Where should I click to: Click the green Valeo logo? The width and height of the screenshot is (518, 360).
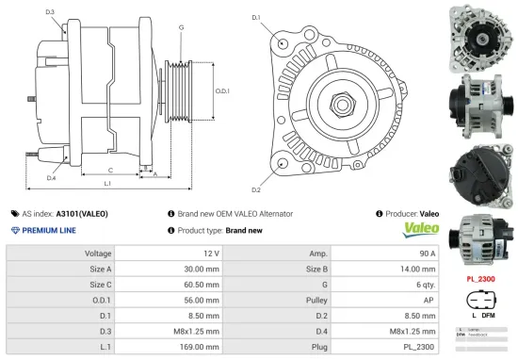[421, 229]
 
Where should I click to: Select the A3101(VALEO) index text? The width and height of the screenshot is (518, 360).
[82, 214]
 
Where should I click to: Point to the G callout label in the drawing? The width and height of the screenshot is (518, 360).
[181, 27]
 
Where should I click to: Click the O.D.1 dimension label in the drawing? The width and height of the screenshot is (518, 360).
[223, 91]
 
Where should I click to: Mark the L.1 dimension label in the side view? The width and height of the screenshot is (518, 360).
[107, 183]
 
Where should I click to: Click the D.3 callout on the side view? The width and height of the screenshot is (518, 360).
[50, 12]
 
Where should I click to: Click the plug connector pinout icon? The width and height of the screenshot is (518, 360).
[480, 303]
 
